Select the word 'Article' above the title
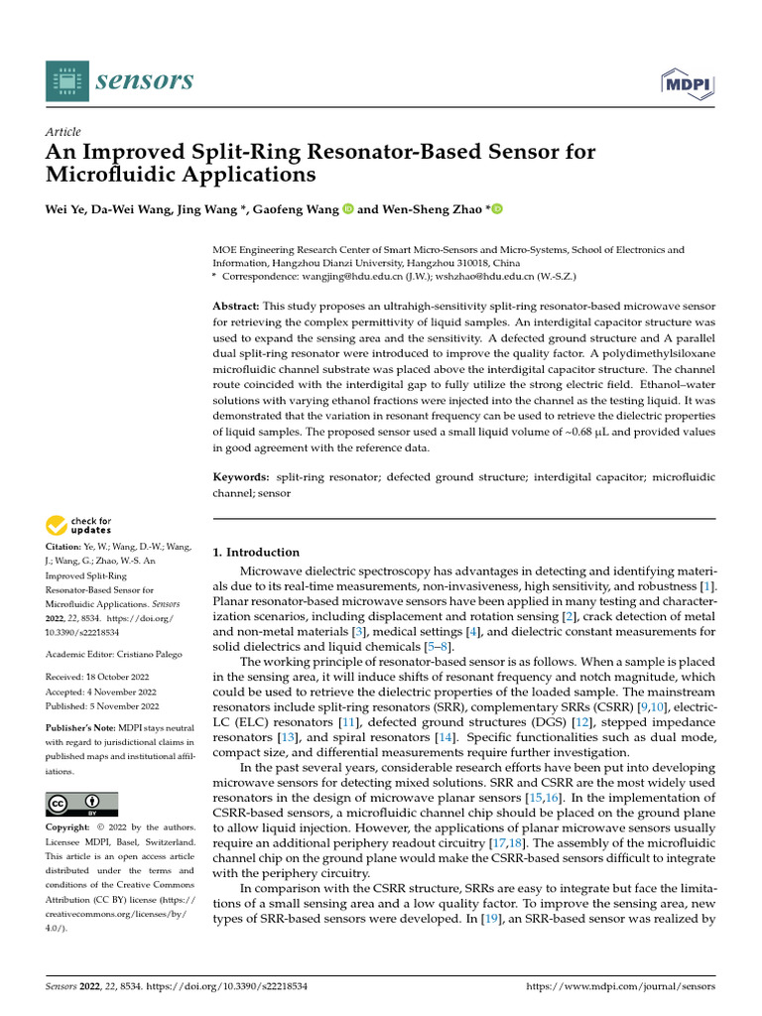(63, 132)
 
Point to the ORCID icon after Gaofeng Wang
(348, 209)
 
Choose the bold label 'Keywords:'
(243, 477)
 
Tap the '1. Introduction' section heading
(256, 552)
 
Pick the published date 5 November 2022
(123, 706)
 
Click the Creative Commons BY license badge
(81, 804)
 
